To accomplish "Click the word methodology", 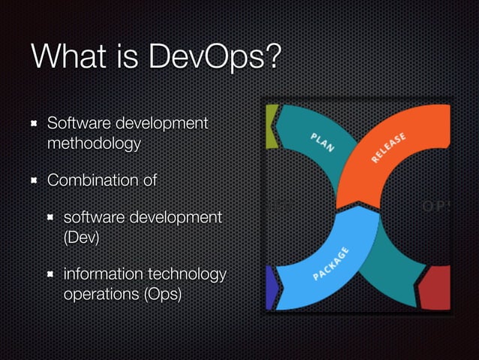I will pyautogui.click(x=93, y=142).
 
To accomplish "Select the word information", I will pyautogui.click(x=104, y=274).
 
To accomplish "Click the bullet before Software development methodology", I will pyautogui.click(x=33, y=123).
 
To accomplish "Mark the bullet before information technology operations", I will pyautogui.click(x=50, y=274).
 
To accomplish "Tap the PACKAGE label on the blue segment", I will pyautogui.click(x=330, y=263).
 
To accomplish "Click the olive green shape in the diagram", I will pyautogui.click(x=271, y=125).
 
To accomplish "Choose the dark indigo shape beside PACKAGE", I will pyautogui.click(x=271, y=289).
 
